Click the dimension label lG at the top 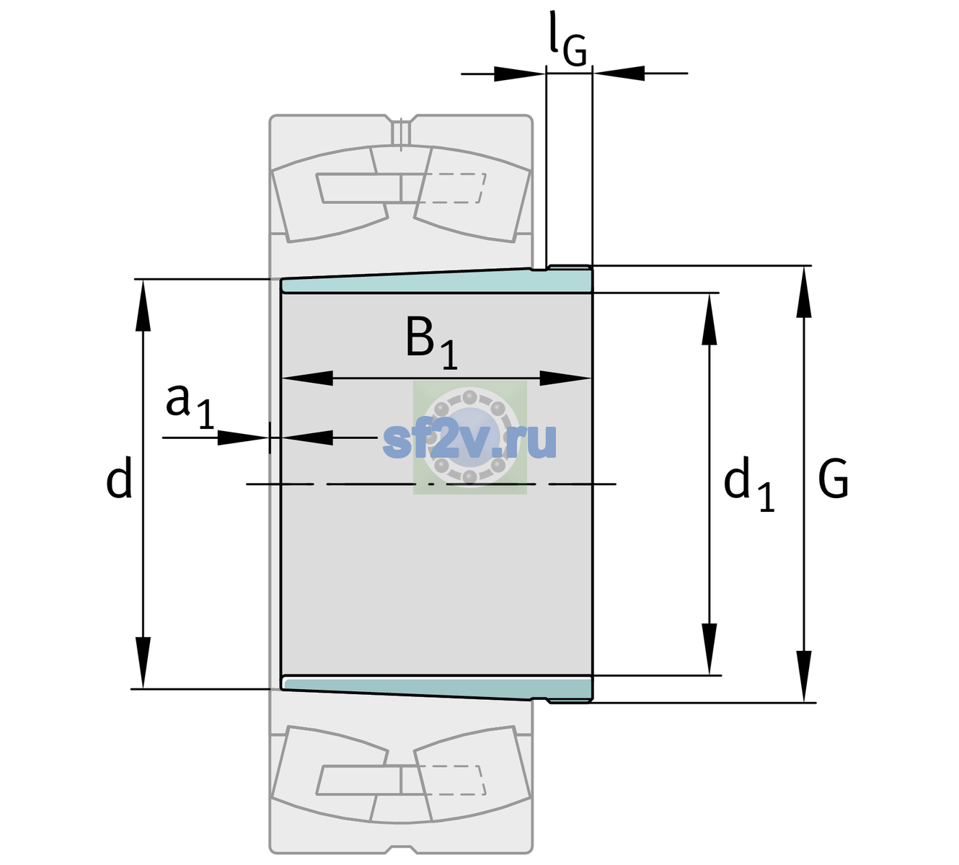pos(567,38)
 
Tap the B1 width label pos(431,342)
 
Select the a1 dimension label pos(190,407)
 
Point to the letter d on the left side pos(118,477)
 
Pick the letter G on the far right pos(834,479)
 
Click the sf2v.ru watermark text pos(469,440)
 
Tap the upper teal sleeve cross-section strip pos(436,281)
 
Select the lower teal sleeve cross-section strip pos(436,688)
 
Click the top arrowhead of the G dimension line pos(804,291)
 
